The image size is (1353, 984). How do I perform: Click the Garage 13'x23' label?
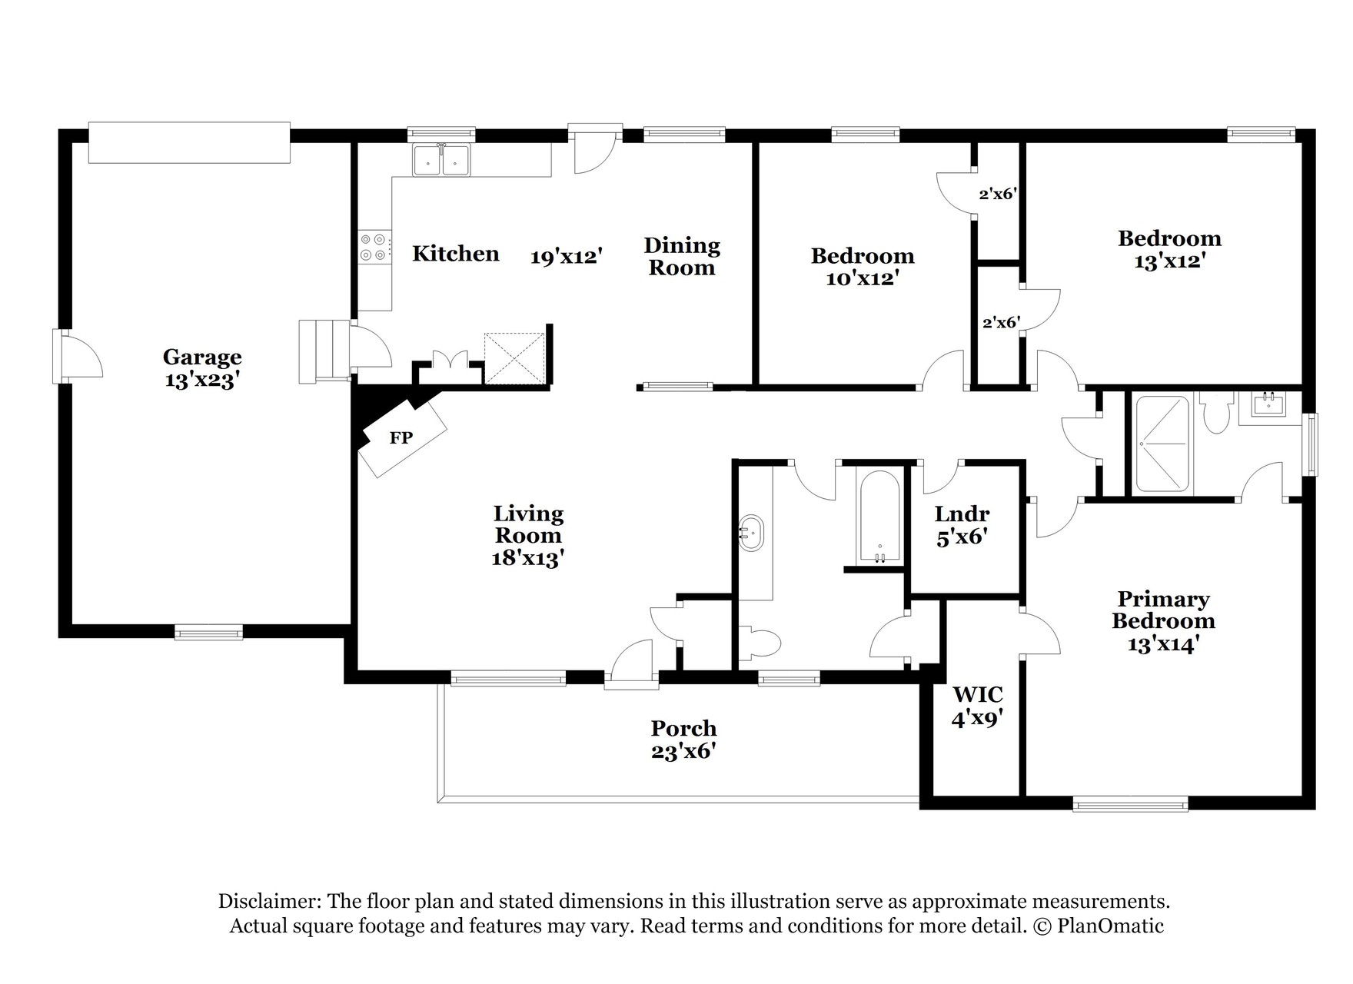(202, 368)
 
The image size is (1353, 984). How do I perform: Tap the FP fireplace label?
(401, 438)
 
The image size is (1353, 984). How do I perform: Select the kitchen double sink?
(442, 160)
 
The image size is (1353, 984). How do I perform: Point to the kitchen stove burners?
(373, 247)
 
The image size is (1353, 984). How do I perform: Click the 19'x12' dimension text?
(565, 256)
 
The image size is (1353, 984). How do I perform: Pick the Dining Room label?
(682, 256)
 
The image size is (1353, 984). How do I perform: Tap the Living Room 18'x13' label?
(528, 535)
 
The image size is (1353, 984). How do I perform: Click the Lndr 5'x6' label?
(962, 525)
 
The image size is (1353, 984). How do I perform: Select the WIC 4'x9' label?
(978, 706)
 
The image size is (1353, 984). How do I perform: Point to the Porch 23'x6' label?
(683, 740)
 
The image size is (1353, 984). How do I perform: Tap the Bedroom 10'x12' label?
(863, 267)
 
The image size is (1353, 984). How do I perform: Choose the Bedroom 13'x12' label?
(1169, 250)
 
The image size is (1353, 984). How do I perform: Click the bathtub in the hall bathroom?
(879, 516)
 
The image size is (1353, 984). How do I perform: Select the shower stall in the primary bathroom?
(1163, 444)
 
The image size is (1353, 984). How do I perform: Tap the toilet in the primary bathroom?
(1217, 413)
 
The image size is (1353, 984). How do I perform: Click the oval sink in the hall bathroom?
(751, 532)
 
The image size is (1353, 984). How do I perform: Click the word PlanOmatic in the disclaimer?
(1110, 926)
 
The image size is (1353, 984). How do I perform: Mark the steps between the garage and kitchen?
(324, 351)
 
